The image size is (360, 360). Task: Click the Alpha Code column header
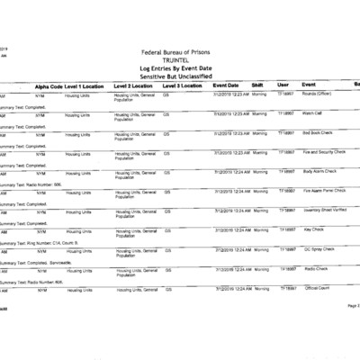click(x=49, y=85)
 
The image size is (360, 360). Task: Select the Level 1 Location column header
click(x=88, y=85)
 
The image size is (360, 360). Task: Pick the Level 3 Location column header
click(x=183, y=85)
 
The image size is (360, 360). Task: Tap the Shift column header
click(x=257, y=85)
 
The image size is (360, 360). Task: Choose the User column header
click(x=283, y=85)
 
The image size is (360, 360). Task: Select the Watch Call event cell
click(x=313, y=113)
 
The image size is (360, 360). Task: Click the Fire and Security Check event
click(x=327, y=152)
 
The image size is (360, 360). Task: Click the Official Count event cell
click(x=319, y=288)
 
